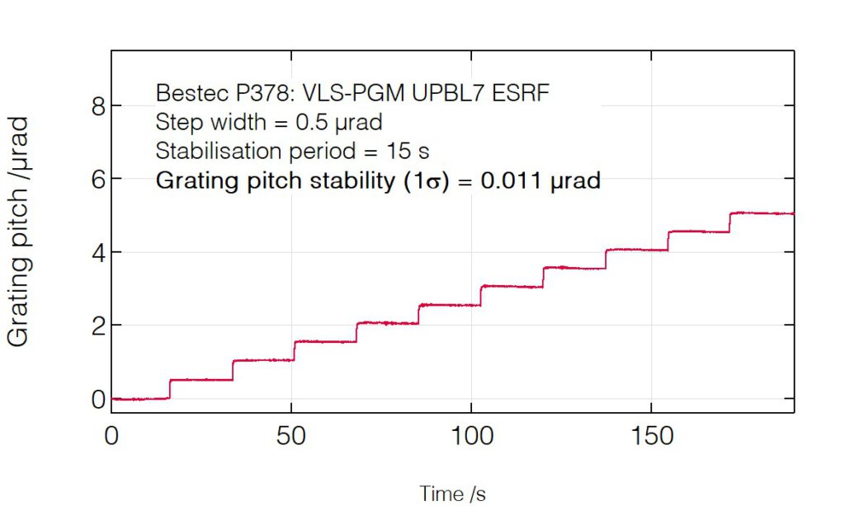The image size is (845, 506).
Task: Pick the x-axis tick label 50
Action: pos(291,436)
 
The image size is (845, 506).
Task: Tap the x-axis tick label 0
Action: pos(111,436)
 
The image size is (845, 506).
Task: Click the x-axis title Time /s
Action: pos(453,493)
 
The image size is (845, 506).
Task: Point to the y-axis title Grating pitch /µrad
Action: pos(19,231)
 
